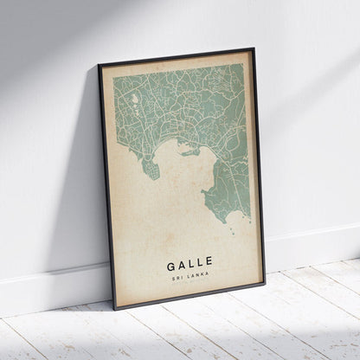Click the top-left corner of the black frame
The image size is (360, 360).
pos(99,64)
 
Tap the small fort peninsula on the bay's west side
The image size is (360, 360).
pos(151,168)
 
